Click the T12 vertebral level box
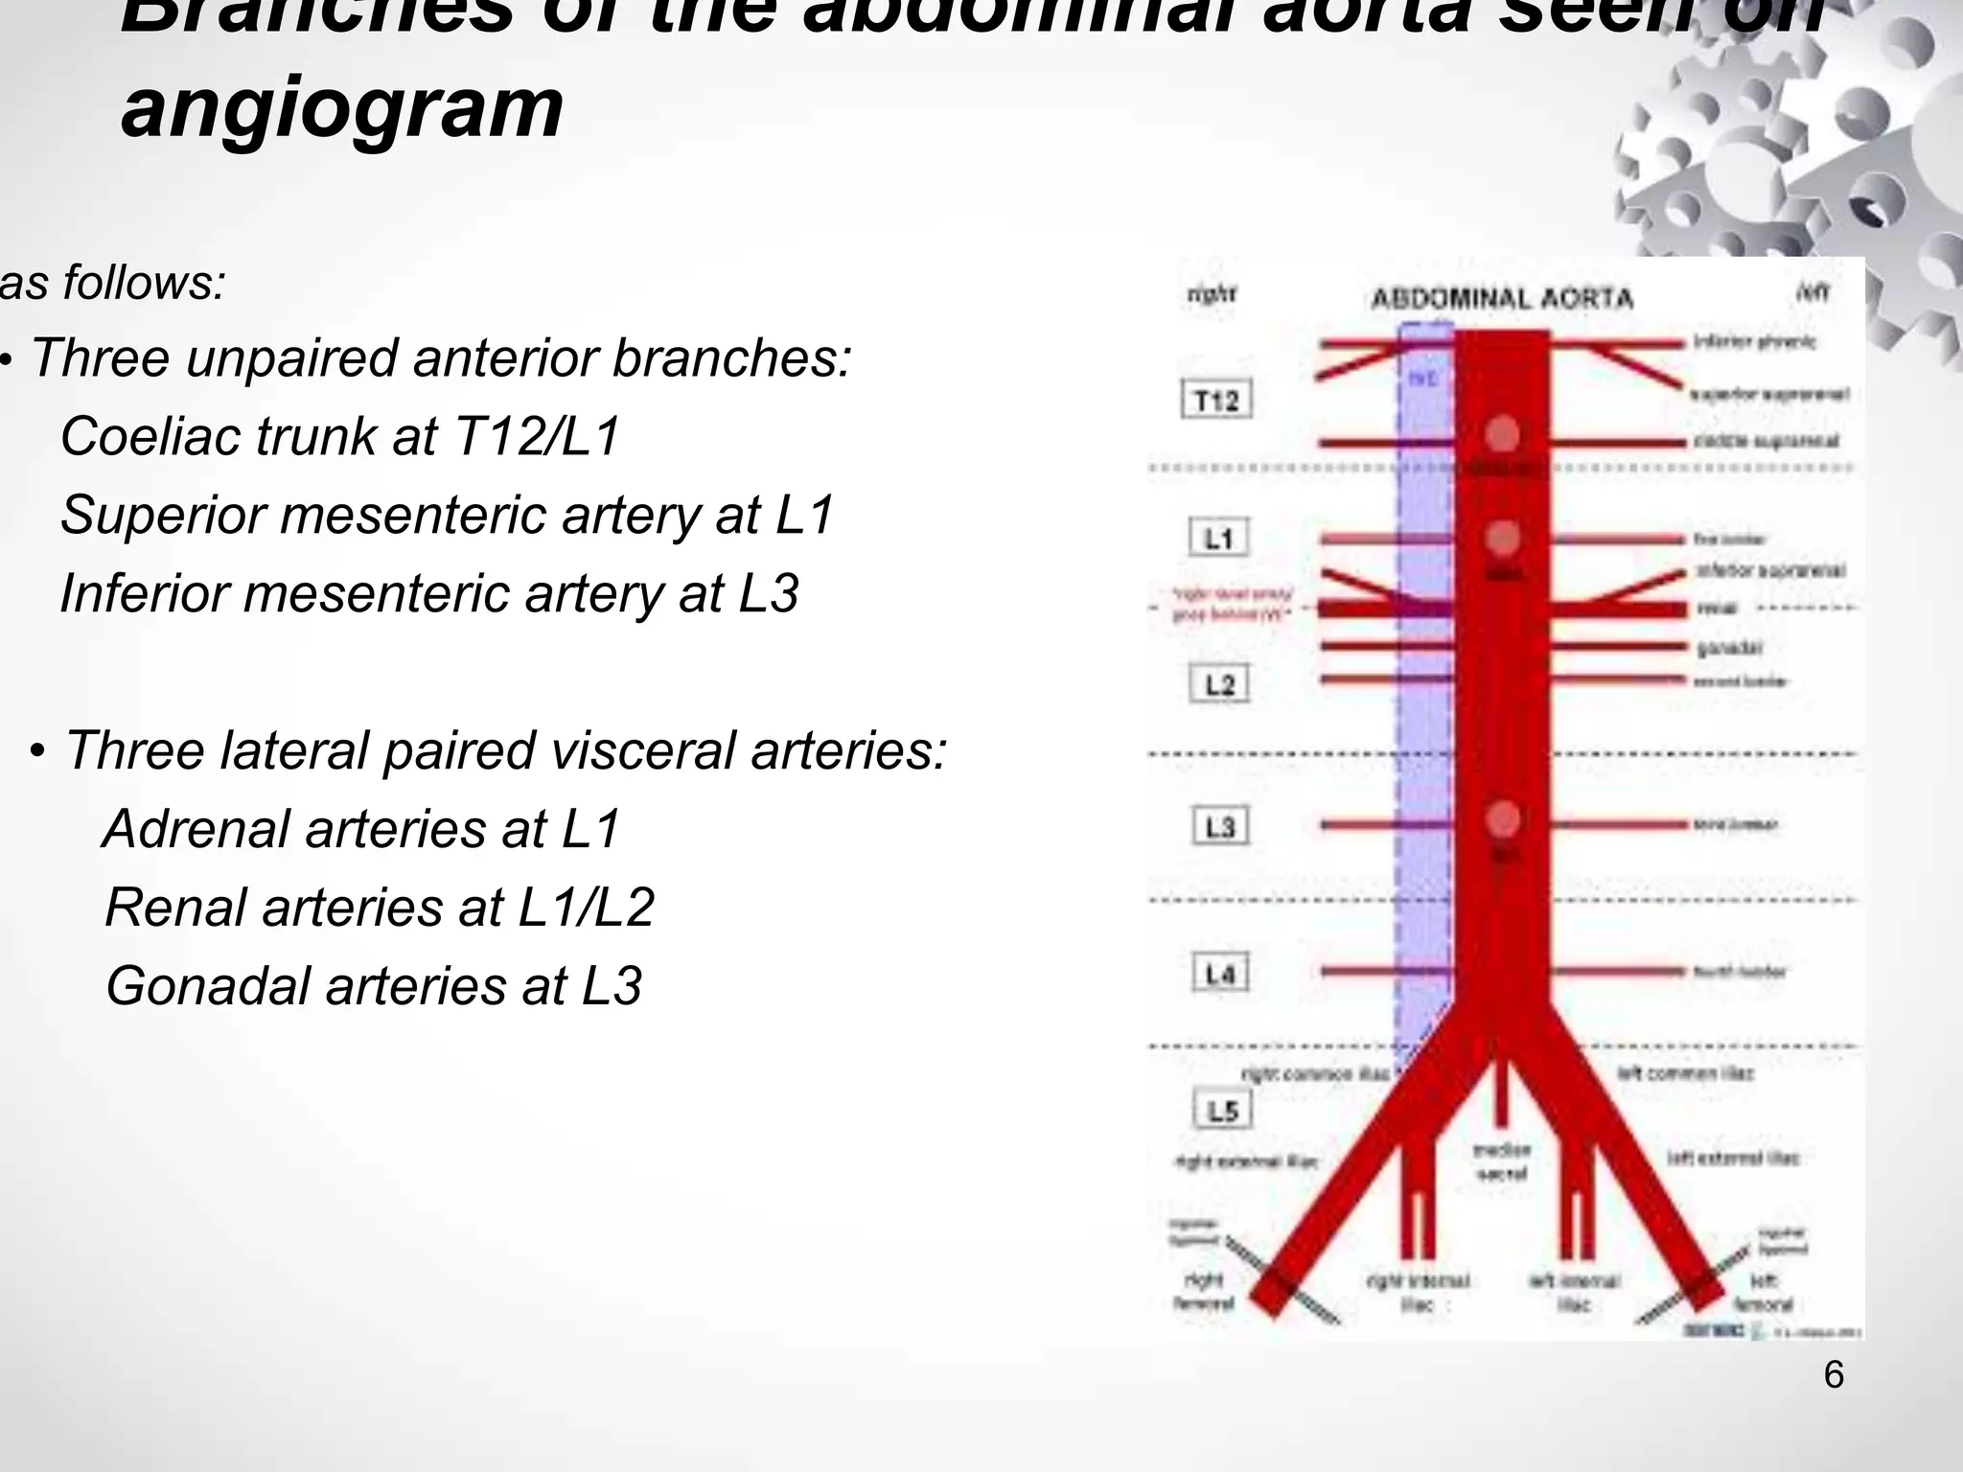(1216, 400)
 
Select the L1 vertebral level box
(1218, 539)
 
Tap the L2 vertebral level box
(1219, 684)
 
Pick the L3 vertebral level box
(1220, 826)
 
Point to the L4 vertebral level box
(1220, 974)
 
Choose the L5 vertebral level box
(1222, 1110)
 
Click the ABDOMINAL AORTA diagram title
(1502, 299)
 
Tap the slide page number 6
(1833, 1375)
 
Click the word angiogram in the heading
(342, 107)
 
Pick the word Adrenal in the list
(196, 828)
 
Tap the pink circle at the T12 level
(1502, 434)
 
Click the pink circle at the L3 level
(1502, 820)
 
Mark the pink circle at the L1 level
(1502, 538)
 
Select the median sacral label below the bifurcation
(1502, 1161)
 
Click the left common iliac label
(1686, 1073)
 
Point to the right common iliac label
(1315, 1074)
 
